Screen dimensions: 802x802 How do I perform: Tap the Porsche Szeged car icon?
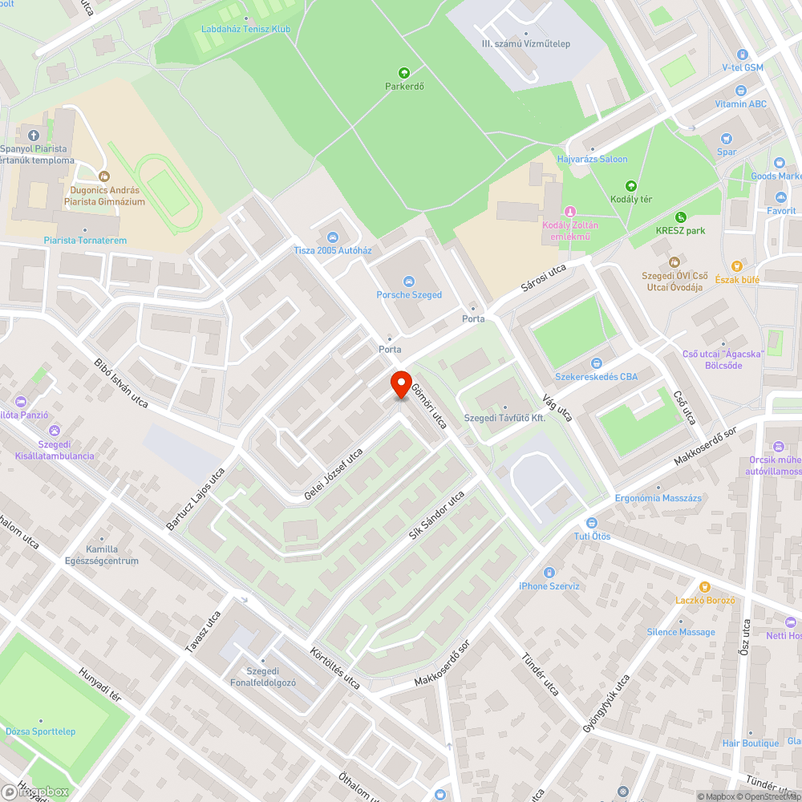(409, 281)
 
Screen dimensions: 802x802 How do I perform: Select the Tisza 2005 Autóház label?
(332, 250)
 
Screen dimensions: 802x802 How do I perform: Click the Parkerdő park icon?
(403, 72)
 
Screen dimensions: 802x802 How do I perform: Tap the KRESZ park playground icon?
(680, 217)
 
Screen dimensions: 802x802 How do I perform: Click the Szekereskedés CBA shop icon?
(596, 363)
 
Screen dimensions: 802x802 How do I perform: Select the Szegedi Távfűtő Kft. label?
(504, 419)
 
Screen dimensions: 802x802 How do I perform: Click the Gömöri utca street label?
(428, 406)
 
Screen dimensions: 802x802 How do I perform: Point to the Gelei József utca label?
(333, 475)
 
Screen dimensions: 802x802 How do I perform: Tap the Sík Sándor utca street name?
(436, 515)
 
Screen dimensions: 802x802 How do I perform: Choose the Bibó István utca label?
(120, 383)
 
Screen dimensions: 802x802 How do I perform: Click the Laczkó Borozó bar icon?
(705, 587)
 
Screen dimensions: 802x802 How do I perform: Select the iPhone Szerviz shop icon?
(549, 573)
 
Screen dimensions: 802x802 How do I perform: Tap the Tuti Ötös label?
(592, 536)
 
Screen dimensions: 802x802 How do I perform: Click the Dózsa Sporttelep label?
(41, 731)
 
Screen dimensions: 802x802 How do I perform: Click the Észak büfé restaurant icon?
(735, 266)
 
